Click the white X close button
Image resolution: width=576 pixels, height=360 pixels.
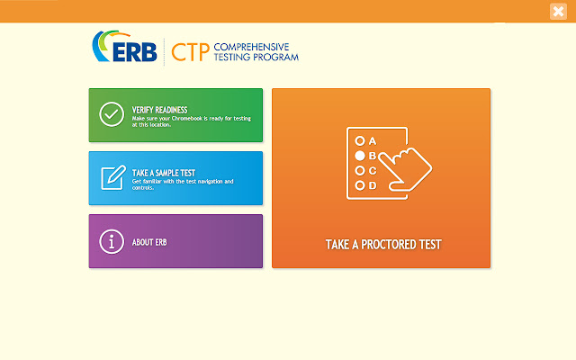click(557, 12)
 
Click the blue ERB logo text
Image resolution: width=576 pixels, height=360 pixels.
click(136, 52)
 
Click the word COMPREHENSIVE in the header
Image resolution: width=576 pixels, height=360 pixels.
click(256, 46)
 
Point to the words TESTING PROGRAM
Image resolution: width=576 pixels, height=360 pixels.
click(256, 58)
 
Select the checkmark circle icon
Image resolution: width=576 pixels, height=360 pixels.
click(112, 114)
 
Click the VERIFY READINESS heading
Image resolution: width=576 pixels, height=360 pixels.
click(159, 110)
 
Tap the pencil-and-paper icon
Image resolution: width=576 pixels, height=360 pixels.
click(112, 177)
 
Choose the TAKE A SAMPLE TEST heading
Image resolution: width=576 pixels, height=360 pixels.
click(164, 172)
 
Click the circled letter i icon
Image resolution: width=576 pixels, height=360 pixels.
click(112, 240)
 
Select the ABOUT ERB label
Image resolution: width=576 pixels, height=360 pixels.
click(149, 241)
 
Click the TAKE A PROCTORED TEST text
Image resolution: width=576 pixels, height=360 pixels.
click(382, 244)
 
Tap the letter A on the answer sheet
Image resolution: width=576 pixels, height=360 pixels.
click(372, 140)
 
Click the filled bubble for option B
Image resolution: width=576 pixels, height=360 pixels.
click(360, 156)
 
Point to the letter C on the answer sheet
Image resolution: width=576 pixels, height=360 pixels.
click(372, 170)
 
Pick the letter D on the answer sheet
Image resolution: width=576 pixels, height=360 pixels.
click(372, 185)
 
